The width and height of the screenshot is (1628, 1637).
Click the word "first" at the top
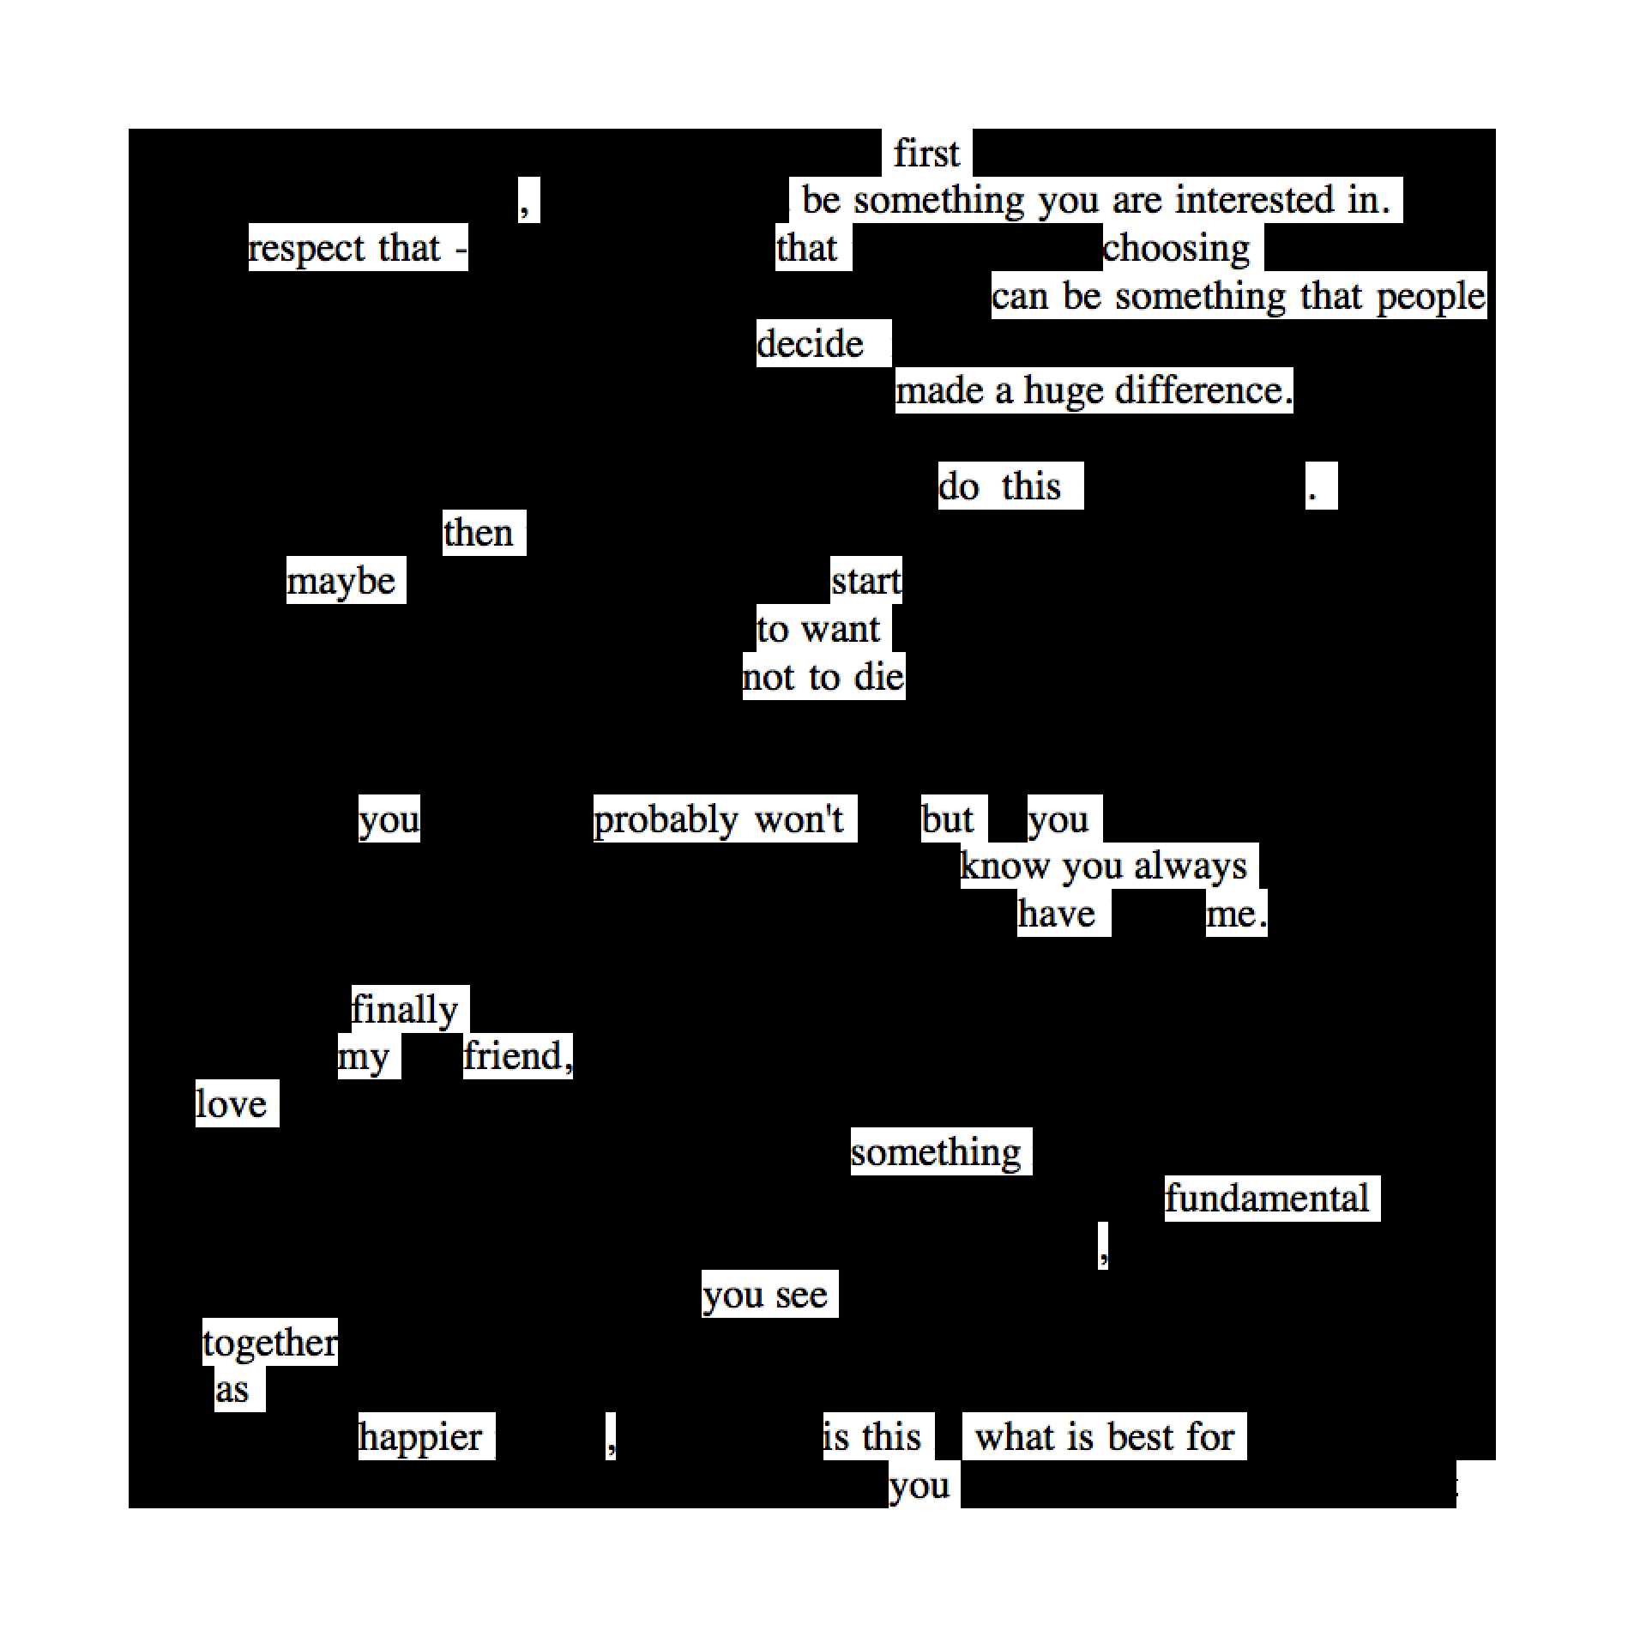pos(926,154)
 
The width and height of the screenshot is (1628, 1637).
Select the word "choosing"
pos(1176,249)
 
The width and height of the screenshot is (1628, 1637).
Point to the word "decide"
pos(810,344)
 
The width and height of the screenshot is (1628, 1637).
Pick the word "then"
pos(478,533)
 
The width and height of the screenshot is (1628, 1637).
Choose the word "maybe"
pos(341,582)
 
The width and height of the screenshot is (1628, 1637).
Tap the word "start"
pos(866,581)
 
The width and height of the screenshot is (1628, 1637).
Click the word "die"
pos(879,678)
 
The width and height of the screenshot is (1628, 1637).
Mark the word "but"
pos(947,819)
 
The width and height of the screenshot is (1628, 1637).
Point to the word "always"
pos(1190,867)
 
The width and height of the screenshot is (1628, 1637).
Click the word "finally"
pos(405,1010)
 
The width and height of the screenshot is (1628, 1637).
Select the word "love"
pos(231,1104)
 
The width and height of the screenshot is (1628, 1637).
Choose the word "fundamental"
pos(1266,1199)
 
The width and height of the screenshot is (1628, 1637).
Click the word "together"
pos(270,1343)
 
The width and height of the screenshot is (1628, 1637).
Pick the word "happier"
pos(420,1438)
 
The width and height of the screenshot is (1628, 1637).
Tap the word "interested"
pos(1254,200)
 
